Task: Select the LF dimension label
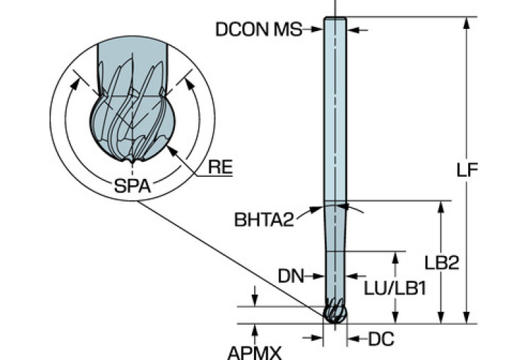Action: click(x=467, y=169)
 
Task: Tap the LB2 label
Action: click(x=441, y=263)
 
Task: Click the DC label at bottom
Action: click(x=380, y=338)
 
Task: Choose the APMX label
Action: click(x=254, y=352)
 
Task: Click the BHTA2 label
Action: click(x=264, y=220)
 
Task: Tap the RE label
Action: click(x=220, y=167)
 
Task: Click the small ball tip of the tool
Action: click(x=335, y=313)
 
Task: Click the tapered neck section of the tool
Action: click(x=335, y=227)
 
